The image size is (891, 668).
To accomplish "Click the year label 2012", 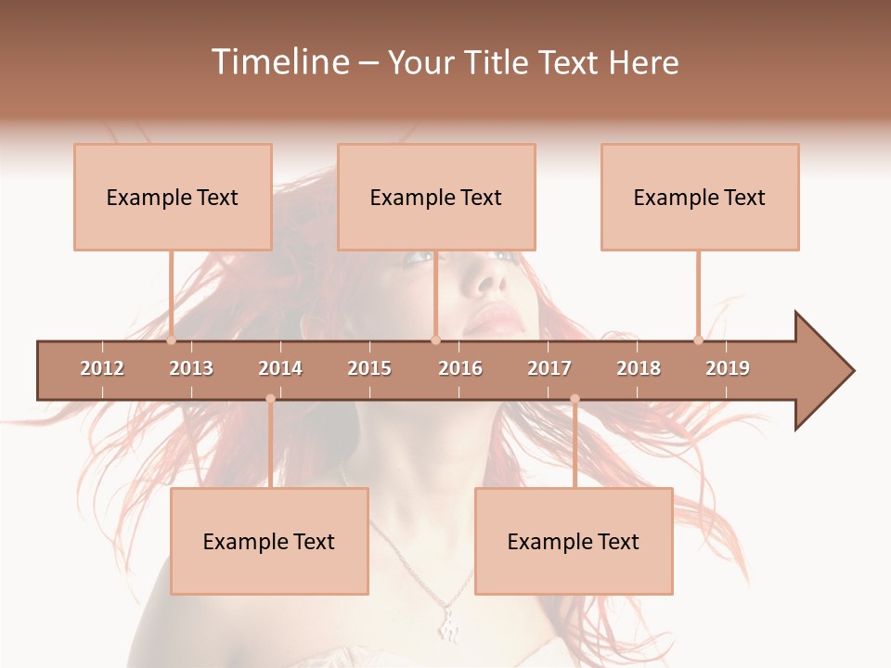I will (x=102, y=368).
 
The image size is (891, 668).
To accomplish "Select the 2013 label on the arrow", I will (x=191, y=368).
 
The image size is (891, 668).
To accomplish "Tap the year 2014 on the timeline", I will (x=280, y=368).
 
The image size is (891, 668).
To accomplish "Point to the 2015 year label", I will (x=369, y=368).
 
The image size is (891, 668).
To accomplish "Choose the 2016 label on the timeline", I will (x=460, y=368).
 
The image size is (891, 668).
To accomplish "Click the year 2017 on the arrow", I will (x=549, y=368).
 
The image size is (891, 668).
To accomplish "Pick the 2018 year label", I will (x=639, y=368).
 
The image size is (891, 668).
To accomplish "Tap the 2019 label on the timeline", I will (x=728, y=368).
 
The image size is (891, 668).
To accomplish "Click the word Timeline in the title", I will (x=278, y=62).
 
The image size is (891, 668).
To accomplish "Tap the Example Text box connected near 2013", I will (x=173, y=197).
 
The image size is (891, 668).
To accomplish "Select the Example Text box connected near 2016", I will (x=436, y=197).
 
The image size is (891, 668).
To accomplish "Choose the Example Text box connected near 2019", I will (x=700, y=197).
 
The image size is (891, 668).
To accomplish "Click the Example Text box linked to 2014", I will (x=269, y=541).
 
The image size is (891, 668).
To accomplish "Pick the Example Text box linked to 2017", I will (x=574, y=541).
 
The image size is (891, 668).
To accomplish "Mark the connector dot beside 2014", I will (x=270, y=399).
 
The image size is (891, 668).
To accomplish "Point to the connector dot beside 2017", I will (x=575, y=399).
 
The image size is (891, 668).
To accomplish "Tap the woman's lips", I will (x=494, y=318).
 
